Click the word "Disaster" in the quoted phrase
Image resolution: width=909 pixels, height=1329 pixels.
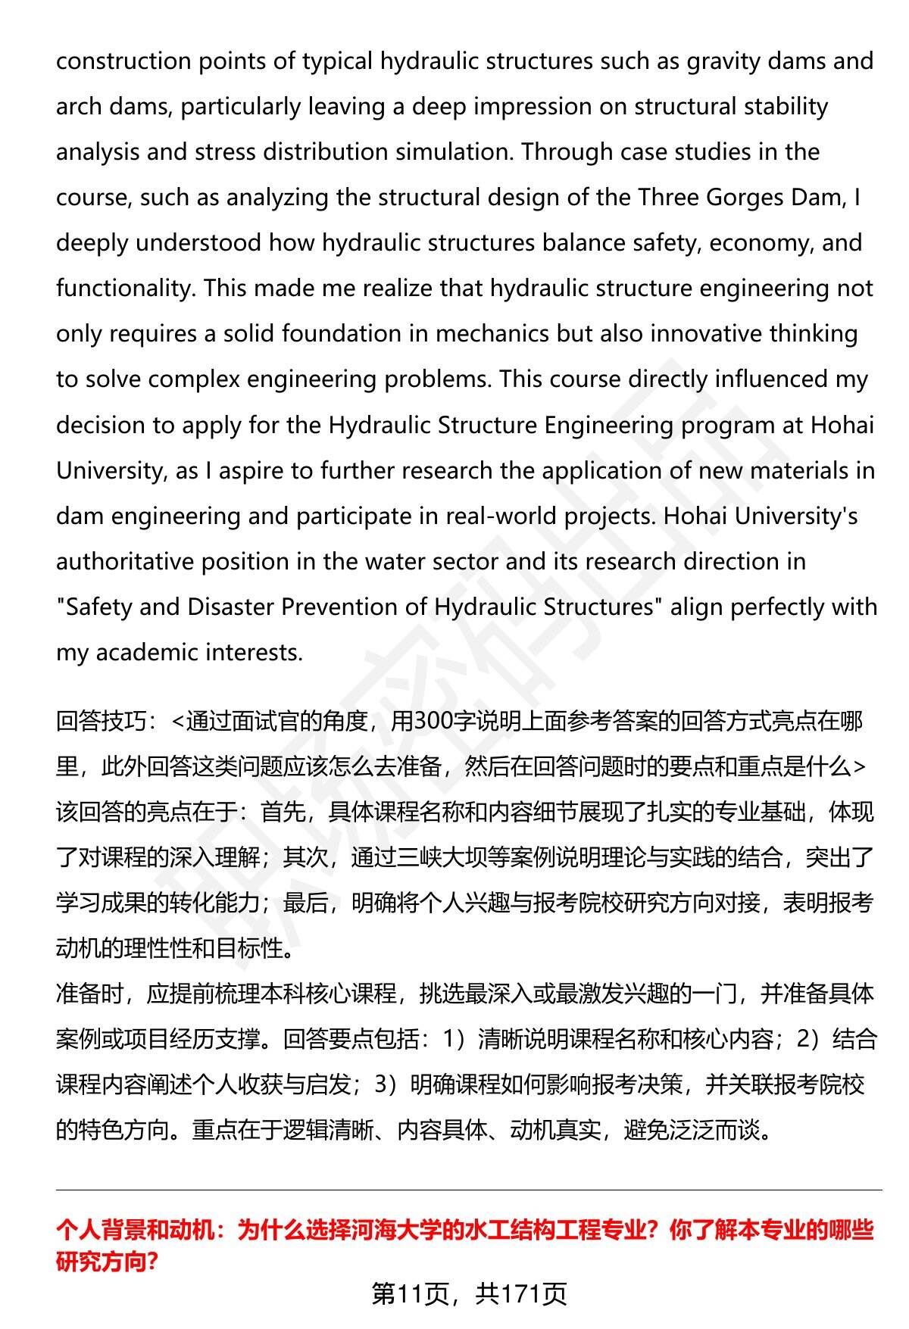231,607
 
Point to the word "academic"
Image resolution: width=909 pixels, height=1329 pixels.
145,653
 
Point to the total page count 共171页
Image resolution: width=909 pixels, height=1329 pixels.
521,1294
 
